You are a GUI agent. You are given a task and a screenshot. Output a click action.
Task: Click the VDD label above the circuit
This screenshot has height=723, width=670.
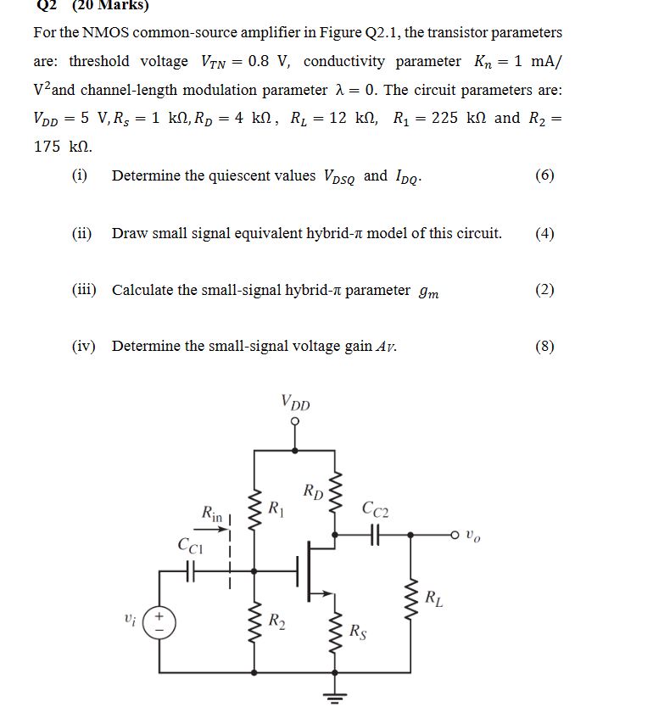coord(295,403)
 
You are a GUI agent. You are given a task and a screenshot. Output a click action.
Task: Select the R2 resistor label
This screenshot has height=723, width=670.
coord(276,620)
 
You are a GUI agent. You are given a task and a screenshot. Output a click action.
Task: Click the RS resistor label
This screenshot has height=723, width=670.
coord(359,631)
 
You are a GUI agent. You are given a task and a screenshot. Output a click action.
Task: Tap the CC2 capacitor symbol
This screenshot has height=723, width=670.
coord(375,535)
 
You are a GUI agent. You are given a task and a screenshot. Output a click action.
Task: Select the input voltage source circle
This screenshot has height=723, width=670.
coord(158,622)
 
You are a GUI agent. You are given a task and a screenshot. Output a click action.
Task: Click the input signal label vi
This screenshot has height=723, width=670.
coord(128,620)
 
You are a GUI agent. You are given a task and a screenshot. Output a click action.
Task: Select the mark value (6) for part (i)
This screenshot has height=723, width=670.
coord(544,175)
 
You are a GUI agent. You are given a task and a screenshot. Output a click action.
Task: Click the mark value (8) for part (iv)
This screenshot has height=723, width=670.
coord(544,346)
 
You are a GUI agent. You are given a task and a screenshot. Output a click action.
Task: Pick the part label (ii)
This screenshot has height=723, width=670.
coord(83,233)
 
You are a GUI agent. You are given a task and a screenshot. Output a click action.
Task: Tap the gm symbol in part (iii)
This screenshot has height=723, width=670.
coord(429,292)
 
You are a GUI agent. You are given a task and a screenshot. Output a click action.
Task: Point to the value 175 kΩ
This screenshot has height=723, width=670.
coord(63,147)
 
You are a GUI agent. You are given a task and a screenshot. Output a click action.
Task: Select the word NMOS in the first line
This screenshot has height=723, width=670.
coord(100,33)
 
